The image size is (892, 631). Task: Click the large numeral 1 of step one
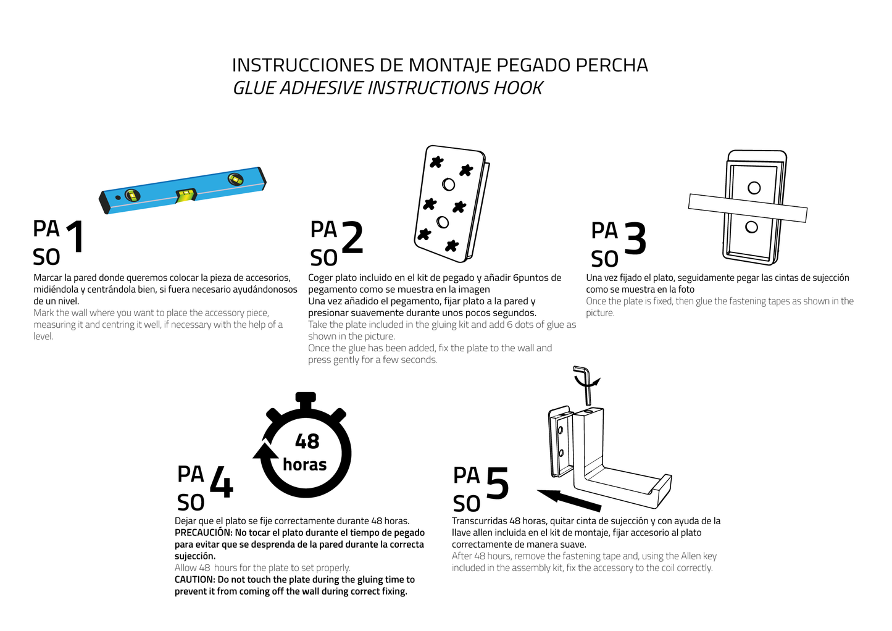75,236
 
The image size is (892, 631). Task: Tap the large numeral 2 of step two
352,238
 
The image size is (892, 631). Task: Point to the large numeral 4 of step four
221,482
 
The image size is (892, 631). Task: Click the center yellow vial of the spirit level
186,195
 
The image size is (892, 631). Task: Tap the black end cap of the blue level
104,203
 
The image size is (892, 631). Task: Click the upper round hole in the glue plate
449,184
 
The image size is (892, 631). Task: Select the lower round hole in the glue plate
443,222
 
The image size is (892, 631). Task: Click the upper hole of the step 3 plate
754,188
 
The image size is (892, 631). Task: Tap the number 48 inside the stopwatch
307,441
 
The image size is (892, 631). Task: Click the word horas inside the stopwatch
304,464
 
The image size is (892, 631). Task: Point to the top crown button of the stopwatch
306,398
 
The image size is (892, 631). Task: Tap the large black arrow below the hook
569,499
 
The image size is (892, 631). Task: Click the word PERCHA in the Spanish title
612,65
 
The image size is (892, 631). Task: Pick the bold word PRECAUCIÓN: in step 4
203,533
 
